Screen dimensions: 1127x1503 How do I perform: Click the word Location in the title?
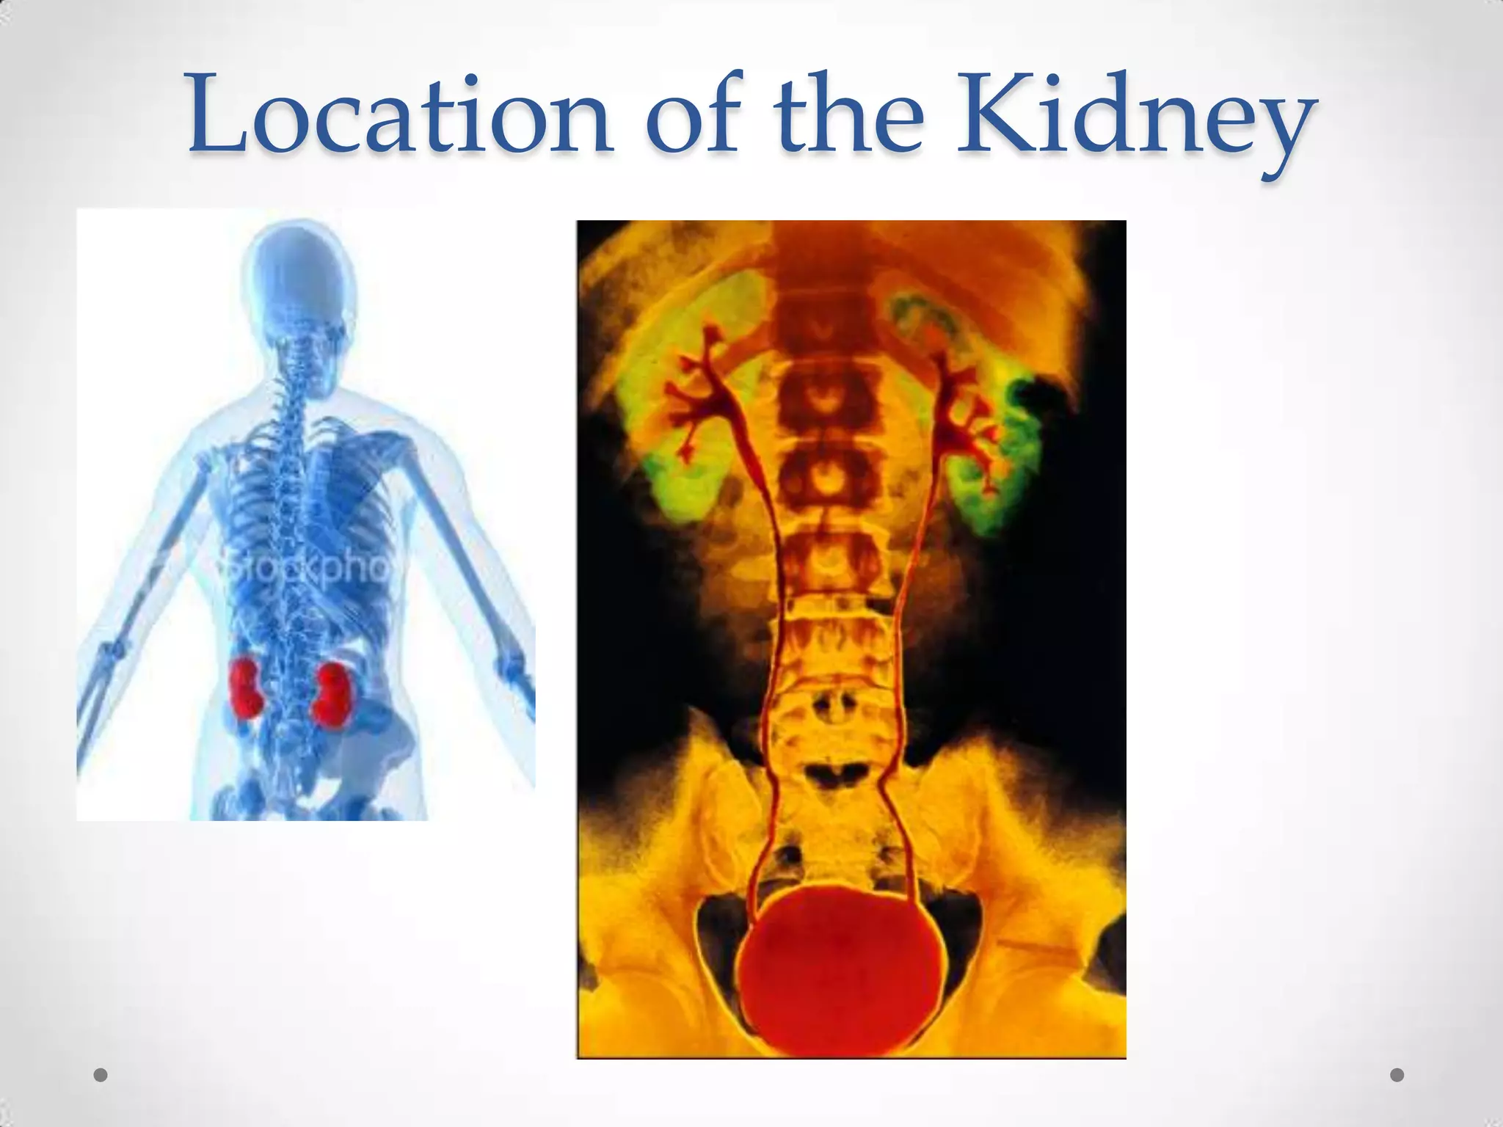(400, 117)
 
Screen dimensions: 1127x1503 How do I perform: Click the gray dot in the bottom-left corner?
(101, 1075)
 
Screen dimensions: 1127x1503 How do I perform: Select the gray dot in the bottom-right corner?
(1397, 1075)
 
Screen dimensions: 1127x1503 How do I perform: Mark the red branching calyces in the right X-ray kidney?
(961, 411)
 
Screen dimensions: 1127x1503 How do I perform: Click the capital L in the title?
(220, 117)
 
